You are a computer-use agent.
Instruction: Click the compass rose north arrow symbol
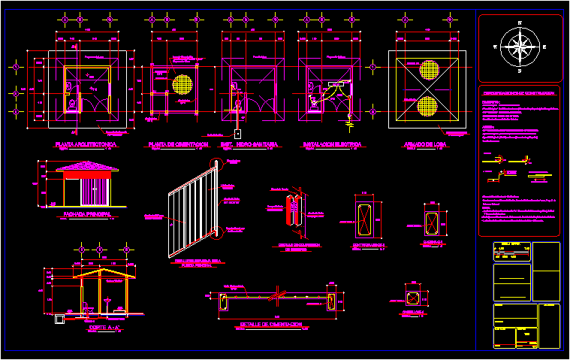point(520,47)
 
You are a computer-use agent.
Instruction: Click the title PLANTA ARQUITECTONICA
point(87,144)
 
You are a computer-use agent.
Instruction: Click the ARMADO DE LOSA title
point(425,144)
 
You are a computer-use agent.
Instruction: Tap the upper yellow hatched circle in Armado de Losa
point(429,71)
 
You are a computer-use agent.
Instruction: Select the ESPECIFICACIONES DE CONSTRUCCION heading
point(519,93)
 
